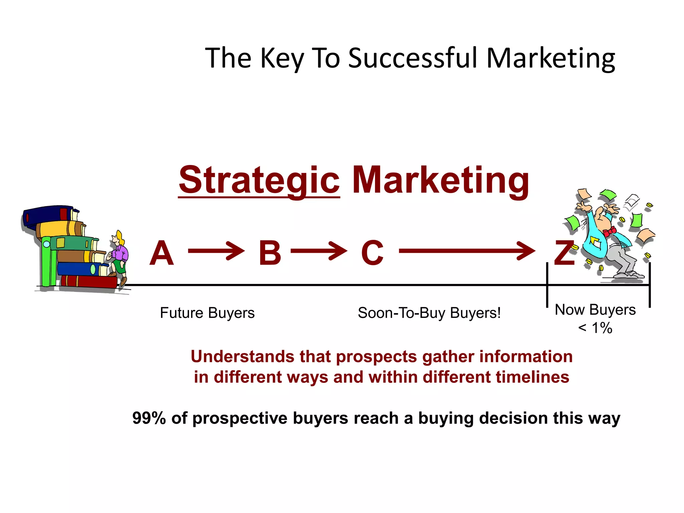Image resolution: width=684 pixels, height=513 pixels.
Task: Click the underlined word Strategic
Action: [x=259, y=180]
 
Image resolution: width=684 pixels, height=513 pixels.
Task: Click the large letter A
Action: [x=162, y=253]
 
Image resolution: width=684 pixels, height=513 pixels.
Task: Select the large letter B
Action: [x=270, y=253]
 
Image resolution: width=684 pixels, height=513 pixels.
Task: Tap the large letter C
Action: [x=372, y=253]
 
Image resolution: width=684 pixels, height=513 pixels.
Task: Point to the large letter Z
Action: [x=564, y=253]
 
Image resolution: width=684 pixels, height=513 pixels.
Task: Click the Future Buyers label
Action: [x=207, y=313]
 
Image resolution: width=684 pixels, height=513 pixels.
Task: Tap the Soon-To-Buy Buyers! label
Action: [x=429, y=313]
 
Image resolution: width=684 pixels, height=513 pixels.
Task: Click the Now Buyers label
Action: [x=595, y=310]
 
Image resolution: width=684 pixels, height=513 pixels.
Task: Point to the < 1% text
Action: [x=595, y=328]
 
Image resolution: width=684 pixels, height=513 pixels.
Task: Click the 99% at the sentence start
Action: [x=149, y=418]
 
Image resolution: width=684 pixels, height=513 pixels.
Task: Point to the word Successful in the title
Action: [x=413, y=58]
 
